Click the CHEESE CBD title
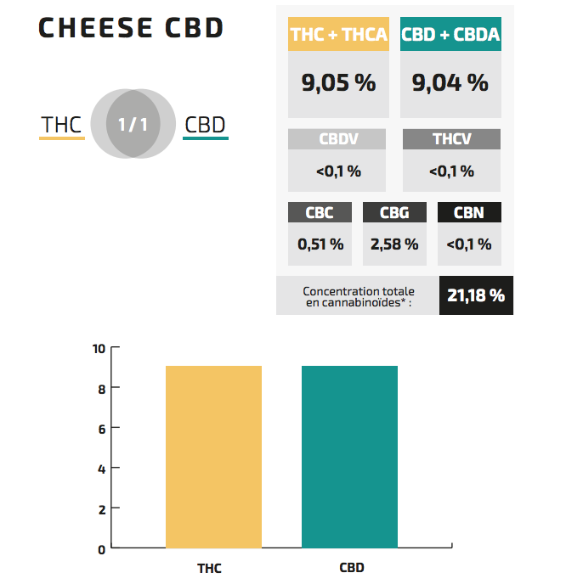(132, 28)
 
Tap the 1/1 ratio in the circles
(133, 125)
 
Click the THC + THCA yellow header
(339, 35)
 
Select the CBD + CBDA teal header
(451, 35)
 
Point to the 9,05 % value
(339, 82)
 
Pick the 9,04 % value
(450, 82)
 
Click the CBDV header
(337, 139)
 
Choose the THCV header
(450, 139)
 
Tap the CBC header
(320, 212)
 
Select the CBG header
(394, 212)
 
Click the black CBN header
(468, 212)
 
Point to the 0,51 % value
(320, 244)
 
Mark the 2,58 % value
(394, 244)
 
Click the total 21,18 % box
(476, 295)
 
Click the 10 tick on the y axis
(99, 348)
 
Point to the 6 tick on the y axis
(100, 429)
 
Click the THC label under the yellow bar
(209, 568)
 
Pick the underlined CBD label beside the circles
(206, 126)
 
